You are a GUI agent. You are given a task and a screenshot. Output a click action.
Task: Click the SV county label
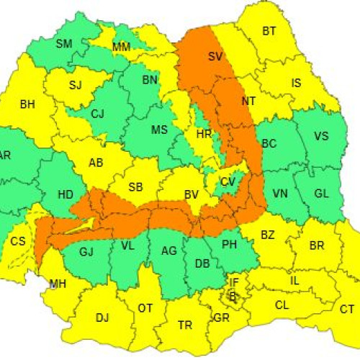click(x=215, y=55)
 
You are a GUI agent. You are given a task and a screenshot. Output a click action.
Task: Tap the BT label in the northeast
click(x=269, y=31)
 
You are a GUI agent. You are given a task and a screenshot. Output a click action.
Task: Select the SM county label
click(x=64, y=44)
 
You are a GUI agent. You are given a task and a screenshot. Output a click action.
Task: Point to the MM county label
click(x=122, y=48)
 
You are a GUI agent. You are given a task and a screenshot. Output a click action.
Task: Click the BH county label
click(x=27, y=104)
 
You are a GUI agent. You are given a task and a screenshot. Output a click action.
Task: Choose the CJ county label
click(x=98, y=113)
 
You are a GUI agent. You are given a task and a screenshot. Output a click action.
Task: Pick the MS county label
click(x=159, y=130)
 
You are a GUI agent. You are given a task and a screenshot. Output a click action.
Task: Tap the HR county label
click(x=203, y=133)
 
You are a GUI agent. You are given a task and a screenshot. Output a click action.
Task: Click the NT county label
click(x=249, y=102)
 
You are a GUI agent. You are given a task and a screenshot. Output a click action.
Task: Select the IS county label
click(x=296, y=84)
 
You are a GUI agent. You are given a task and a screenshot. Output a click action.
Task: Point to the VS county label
click(x=321, y=135)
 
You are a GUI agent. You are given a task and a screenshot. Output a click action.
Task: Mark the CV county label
click(x=228, y=182)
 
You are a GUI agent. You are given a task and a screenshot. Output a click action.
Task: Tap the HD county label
click(x=66, y=194)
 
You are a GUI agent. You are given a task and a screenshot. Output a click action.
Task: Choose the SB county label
click(x=135, y=187)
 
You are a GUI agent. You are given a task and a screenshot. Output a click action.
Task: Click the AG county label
click(x=169, y=251)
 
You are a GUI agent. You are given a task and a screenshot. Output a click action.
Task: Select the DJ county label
click(x=102, y=317)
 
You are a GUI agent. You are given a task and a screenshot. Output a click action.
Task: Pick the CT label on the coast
click(x=347, y=310)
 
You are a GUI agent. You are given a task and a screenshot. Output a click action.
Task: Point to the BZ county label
click(x=268, y=235)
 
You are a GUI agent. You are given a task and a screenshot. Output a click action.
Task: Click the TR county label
click(x=185, y=325)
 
